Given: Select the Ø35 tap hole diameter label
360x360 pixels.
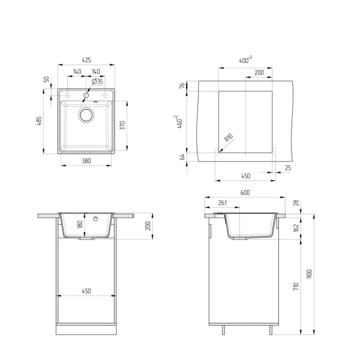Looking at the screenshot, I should point(97,81).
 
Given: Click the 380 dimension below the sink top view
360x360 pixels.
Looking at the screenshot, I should point(85,161).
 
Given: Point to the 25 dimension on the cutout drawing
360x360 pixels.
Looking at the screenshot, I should point(287,168).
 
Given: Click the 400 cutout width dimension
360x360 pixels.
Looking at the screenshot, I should point(245,60).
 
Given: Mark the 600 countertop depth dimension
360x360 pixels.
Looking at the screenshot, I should point(245,193).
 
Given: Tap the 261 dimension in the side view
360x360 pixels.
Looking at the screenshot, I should point(223,202).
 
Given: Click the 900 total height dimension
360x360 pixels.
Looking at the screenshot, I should point(310,273).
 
